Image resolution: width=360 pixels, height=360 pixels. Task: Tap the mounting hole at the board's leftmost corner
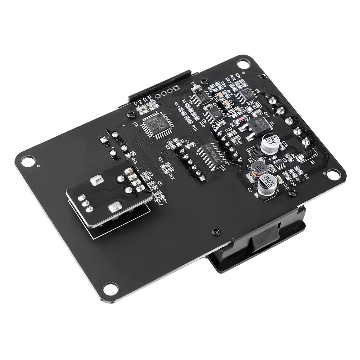pos(26,161)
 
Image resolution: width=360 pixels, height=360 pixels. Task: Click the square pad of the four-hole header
pos(176,87)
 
